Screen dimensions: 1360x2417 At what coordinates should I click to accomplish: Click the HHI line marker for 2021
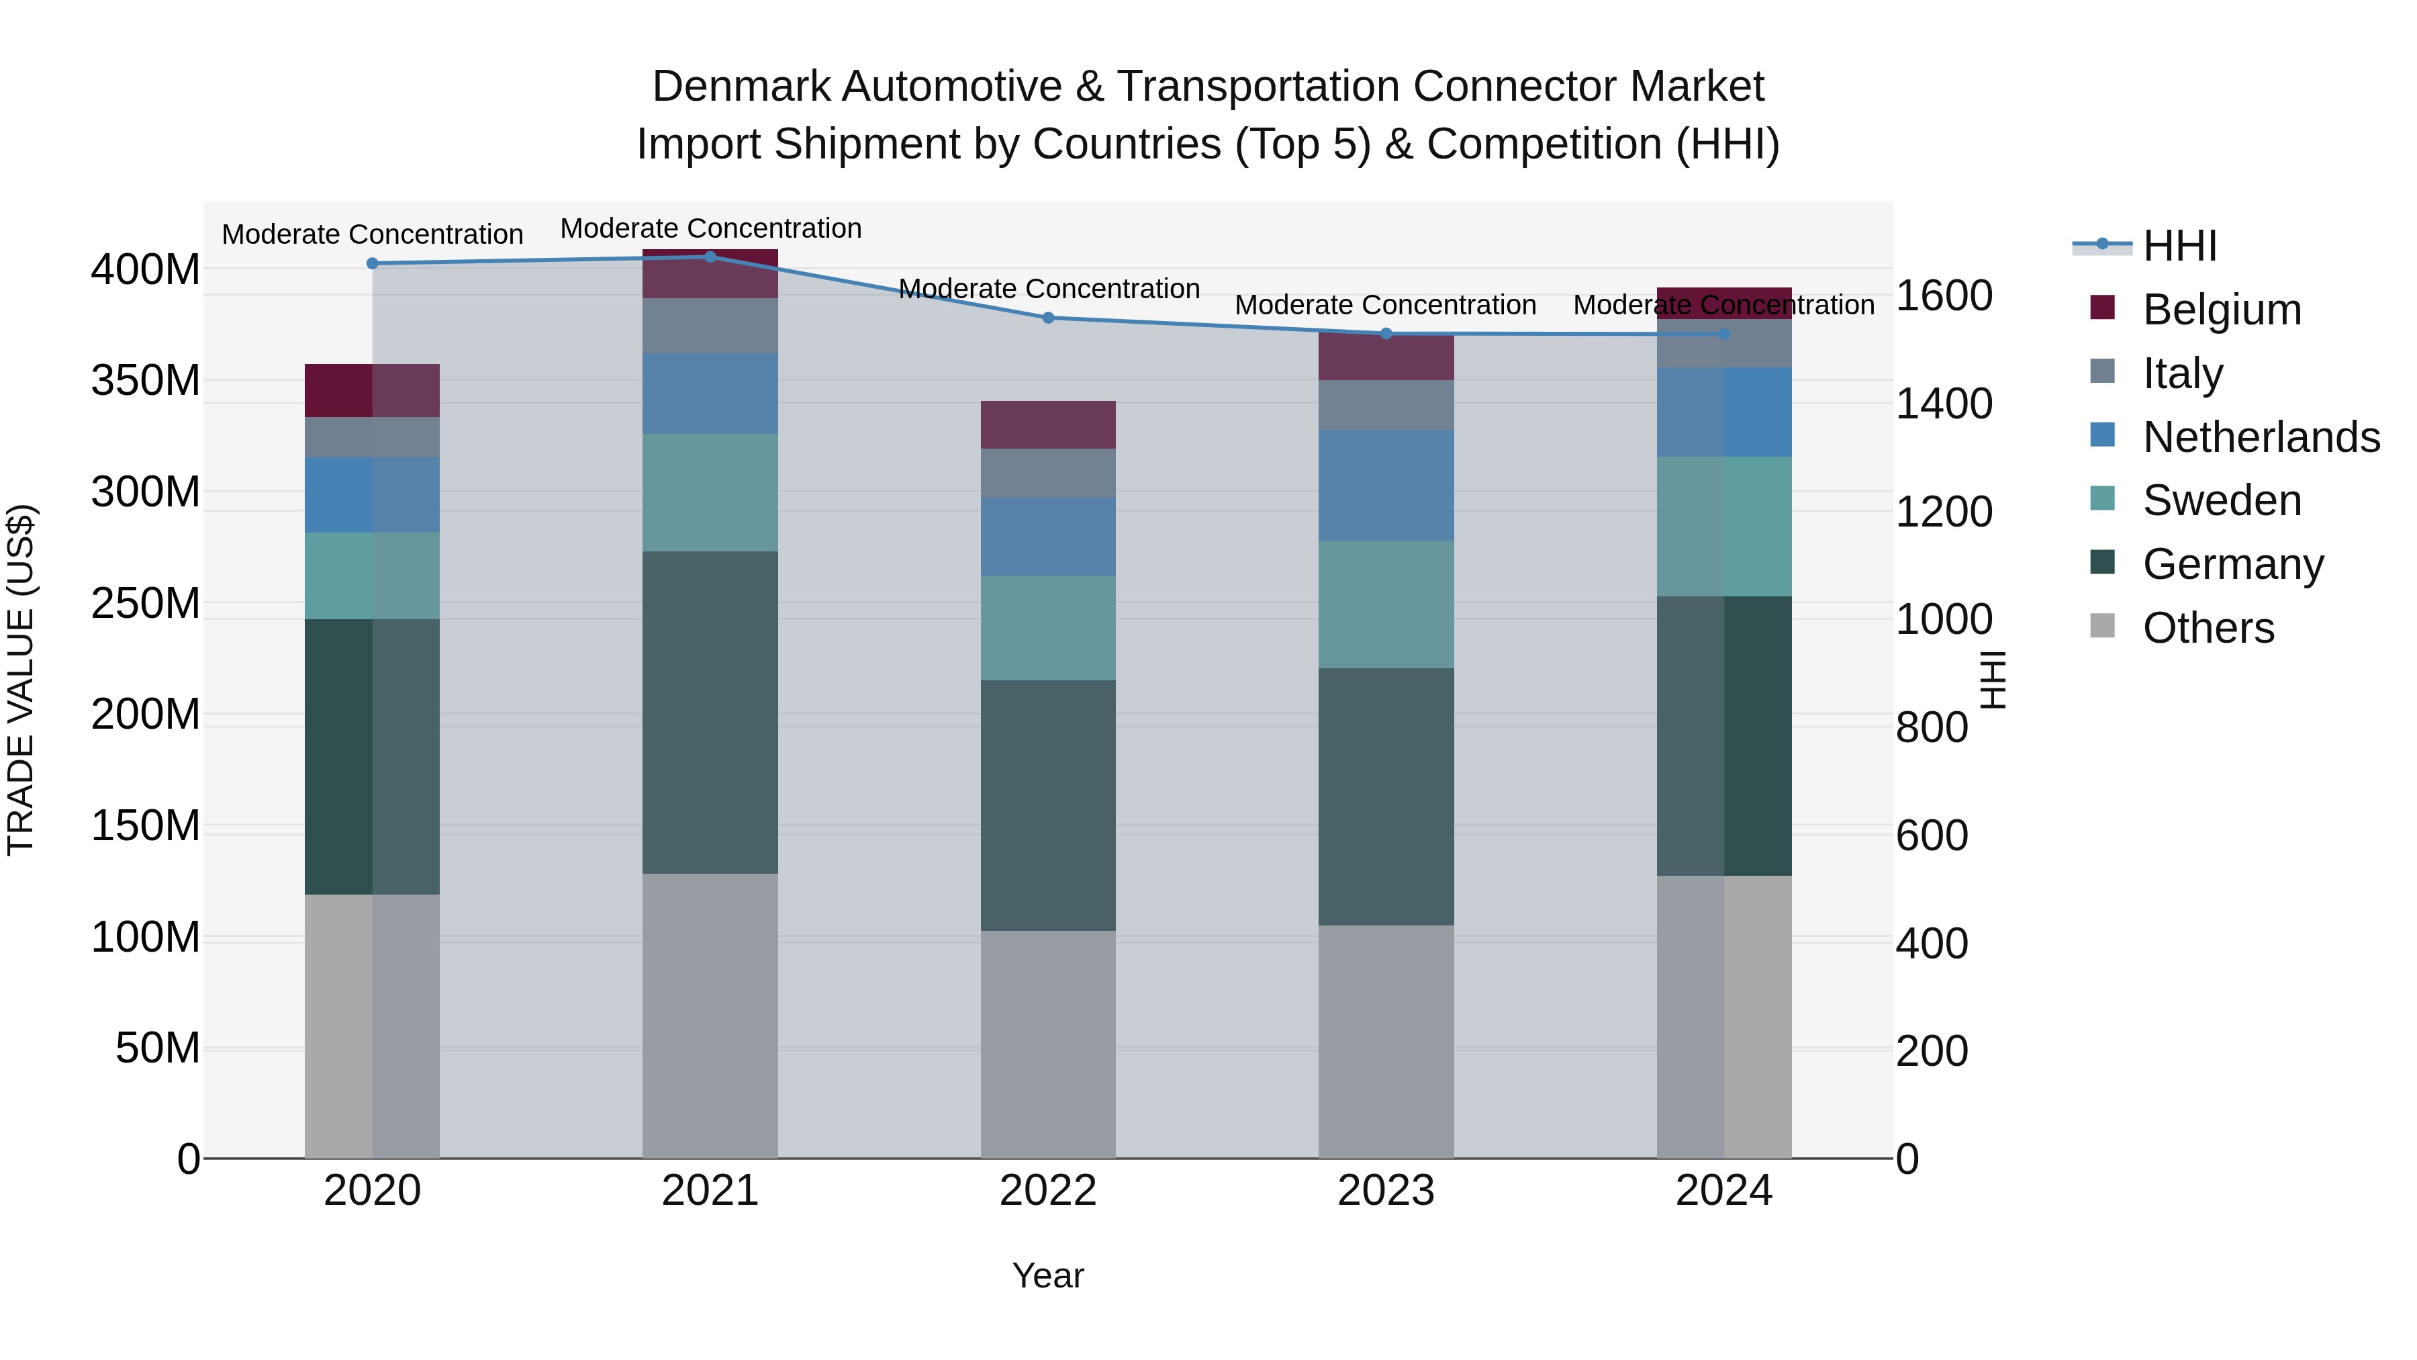click(x=710, y=257)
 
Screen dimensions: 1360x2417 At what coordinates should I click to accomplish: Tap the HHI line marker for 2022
click(x=1048, y=318)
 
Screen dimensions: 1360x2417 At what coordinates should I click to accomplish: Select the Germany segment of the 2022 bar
click(x=1048, y=805)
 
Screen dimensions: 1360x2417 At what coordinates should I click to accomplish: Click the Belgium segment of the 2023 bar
click(x=1386, y=357)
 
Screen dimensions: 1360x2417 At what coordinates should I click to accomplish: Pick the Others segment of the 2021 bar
click(x=710, y=1015)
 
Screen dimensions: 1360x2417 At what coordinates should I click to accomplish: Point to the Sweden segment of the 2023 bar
click(x=1386, y=604)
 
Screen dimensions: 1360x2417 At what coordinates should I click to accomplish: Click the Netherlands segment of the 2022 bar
click(x=1048, y=537)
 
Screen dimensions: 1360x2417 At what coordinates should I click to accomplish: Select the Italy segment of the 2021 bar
click(x=710, y=326)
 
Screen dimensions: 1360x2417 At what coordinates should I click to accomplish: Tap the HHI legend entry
click(x=2179, y=246)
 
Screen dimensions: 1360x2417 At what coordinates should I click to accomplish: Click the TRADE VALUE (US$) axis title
click(x=21, y=680)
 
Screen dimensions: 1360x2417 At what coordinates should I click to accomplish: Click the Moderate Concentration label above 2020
click(x=373, y=234)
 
